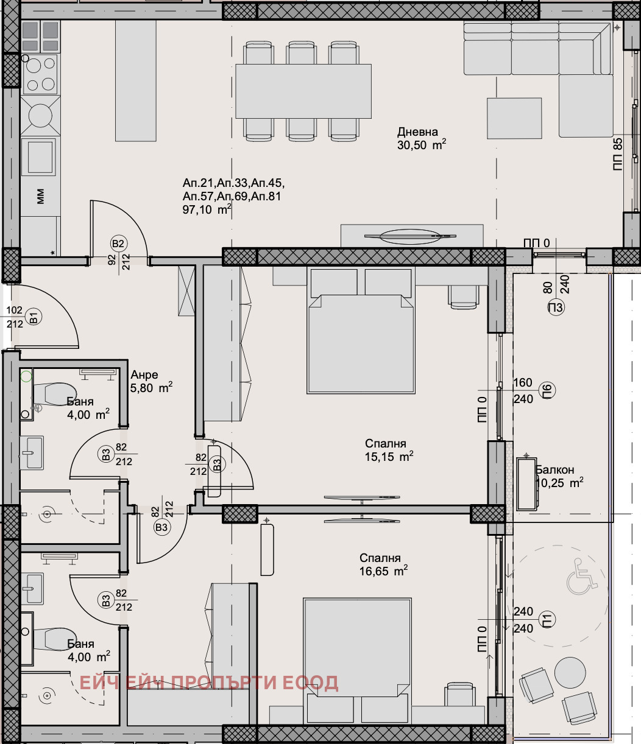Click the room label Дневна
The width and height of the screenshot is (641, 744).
coord(417,132)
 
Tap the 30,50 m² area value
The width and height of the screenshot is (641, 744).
coord(422,145)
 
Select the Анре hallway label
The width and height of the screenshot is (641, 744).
coord(144,374)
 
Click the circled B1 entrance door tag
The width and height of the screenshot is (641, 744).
coord(34,317)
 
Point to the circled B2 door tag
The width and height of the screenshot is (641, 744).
coord(118,244)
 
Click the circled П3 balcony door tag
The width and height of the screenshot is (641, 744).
coord(556,307)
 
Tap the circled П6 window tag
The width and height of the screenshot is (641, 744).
coord(547,390)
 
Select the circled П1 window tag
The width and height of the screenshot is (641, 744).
coord(547,619)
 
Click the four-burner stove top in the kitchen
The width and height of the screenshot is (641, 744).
coord(40,74)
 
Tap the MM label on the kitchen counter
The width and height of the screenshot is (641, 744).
coord(40,197)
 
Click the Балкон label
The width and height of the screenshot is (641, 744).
coord(554,470)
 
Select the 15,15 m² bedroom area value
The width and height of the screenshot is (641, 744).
coord(389,457)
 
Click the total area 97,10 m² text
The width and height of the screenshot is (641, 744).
coord(207,209)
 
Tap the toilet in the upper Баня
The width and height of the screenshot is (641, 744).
coord(54,393)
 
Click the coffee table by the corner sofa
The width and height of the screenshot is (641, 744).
coord(514,119)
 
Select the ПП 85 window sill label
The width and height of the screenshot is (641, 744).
coord(617,155)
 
